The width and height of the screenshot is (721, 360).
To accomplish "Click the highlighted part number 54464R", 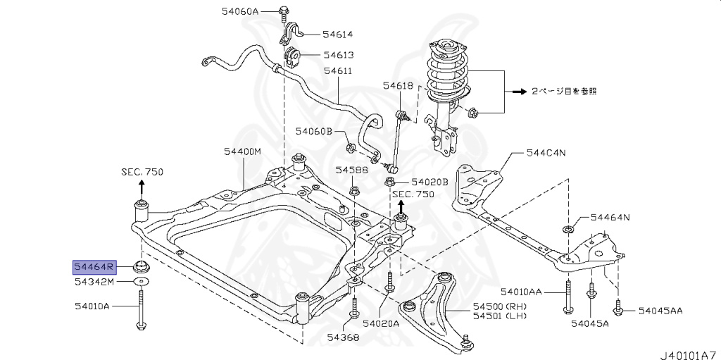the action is pyautogui.click(x=95, y=267).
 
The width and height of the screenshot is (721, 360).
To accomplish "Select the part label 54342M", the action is pyautogui.click(x=94, y=282).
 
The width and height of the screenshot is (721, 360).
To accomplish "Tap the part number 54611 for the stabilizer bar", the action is pyautogui.click(x=337, y=71).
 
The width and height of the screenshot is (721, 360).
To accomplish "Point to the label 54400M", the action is pyautogui.click(x=242, y=151).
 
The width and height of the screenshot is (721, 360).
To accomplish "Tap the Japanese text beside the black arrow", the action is pyautogui.click(x=564, y=91).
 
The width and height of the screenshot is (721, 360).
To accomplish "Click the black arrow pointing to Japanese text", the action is pyautogui.click(x=519, y=92).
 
